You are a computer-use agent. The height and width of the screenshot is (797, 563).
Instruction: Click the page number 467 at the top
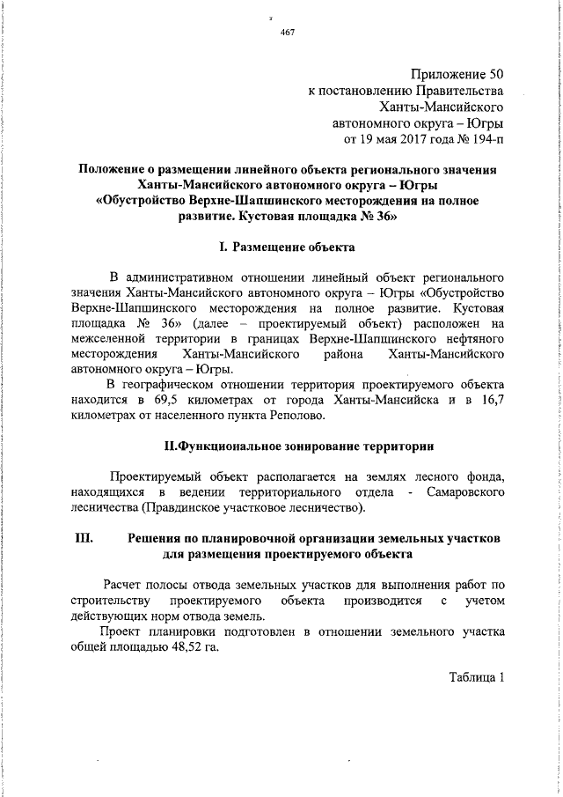pyautogui.click(x=286, y=33)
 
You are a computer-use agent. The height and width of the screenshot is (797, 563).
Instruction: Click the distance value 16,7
pyautogui.click(x=489, y=400)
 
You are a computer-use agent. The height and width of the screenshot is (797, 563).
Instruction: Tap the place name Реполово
pyautogui.click(x=294, y=416)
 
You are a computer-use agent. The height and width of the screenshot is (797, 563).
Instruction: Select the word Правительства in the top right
pyautogui.click(x=462, y=90)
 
